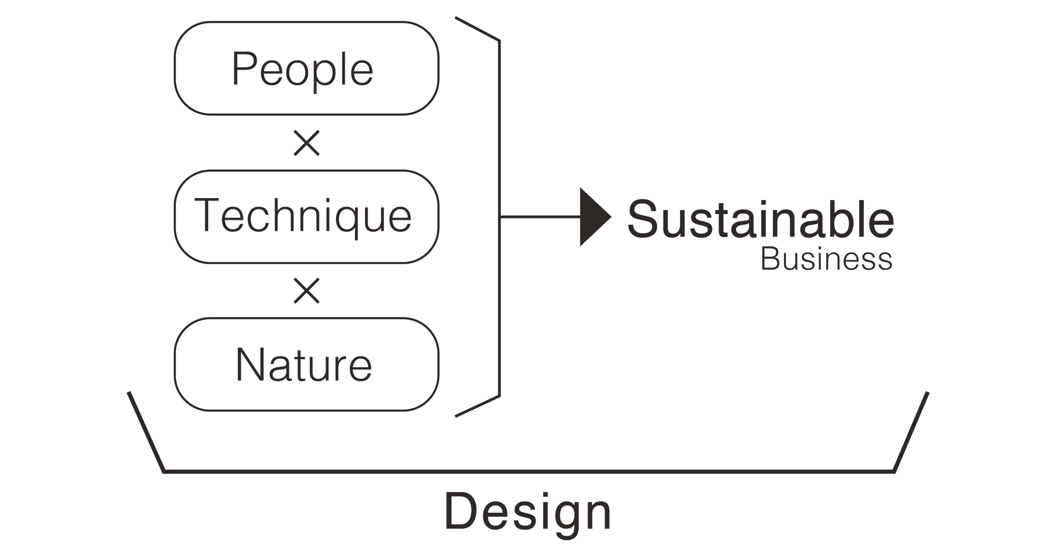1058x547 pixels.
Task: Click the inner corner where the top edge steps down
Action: (x=492, y=35)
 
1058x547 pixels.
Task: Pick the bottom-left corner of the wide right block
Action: (x=617, y=474)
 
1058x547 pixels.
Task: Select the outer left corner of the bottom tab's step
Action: (x=447, y=529)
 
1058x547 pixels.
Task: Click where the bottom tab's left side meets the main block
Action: (x=447, y=493)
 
